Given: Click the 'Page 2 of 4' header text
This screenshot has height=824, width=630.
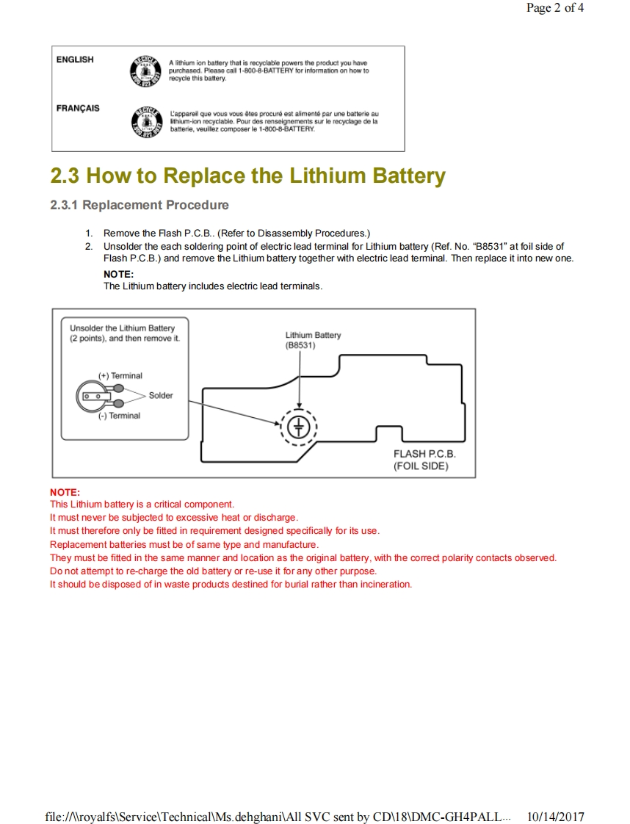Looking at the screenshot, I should point(555,9).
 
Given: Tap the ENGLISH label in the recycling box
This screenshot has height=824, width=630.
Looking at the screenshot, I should point(75,59).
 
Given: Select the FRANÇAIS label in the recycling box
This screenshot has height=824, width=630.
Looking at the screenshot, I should point(78,108).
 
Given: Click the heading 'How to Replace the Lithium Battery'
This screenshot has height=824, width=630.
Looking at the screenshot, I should point(266,176).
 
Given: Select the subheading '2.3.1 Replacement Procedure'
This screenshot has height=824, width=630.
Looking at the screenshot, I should point(140,206).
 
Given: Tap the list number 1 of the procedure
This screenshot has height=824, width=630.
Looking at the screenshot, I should point(88,233).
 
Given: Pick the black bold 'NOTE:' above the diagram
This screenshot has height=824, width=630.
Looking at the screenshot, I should point(118,275).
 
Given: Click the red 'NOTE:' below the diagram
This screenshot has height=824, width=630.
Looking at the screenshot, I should point(65,492).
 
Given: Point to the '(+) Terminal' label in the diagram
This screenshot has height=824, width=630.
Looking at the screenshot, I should point(120,376).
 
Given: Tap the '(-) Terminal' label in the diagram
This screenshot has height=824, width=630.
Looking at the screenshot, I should point(120,416).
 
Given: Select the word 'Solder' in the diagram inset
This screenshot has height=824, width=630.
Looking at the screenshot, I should point(161,396).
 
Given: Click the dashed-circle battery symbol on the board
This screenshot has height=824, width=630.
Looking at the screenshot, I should point(299,426).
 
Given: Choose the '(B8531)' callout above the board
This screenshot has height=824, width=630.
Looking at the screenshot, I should point(300,345).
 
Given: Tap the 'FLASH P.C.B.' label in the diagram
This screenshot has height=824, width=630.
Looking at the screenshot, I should point(424,454).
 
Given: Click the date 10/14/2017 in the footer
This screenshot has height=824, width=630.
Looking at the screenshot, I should point(556,817).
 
